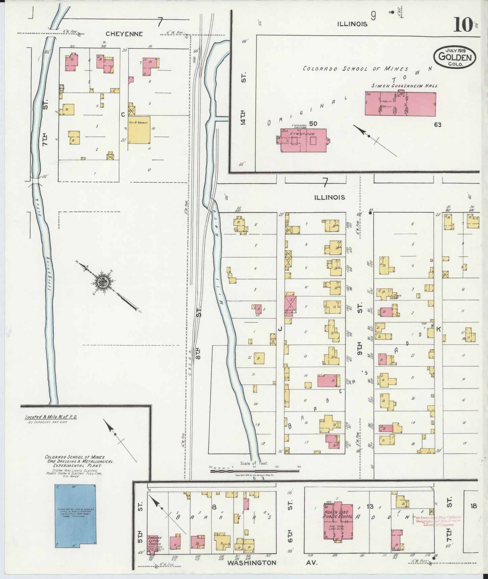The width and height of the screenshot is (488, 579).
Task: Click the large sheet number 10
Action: pos(463,24)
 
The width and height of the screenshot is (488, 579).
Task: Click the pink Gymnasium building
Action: pos(303,140)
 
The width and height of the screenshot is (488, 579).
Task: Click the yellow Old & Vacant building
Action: pos(139,130)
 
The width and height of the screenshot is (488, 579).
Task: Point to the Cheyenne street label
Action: pos(124,34)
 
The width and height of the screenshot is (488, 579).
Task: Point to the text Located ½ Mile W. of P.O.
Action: pos(51,417)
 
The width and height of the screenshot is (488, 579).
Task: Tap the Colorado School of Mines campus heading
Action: pos(355,68)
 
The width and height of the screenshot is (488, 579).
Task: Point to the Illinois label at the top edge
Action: pos(352,24)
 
